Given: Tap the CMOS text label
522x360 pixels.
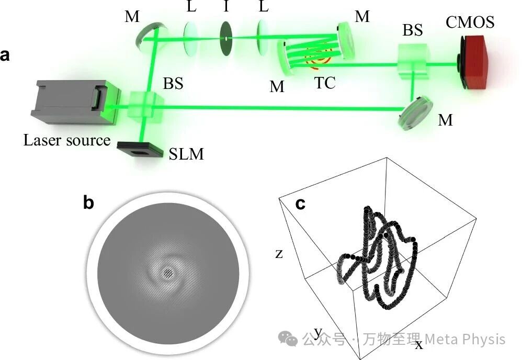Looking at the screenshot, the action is pyautogui.click(x=470, y=22).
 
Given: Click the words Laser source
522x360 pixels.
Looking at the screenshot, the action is pyautogui.click(x=66, y=140).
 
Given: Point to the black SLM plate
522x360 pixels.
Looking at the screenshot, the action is pyautogui.click(x=140, y=150).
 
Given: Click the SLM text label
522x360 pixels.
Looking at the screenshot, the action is pyautogui.click(x=186, y=154).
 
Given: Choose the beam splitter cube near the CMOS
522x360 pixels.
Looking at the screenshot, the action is pyautogui.click(x=414, y=62).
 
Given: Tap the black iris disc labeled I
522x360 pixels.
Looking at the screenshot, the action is pyautogui.click(x=226, y=38).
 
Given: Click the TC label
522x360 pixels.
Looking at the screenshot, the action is pyautogui.click(x=325, y=83).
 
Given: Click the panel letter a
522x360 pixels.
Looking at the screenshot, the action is pyautogui.click(x=5, y=55).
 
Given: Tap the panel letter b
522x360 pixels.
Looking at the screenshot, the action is pyautogui.click(x=88, y=203).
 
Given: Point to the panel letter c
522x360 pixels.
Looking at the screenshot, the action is pyautogui.click(x=300, y=204).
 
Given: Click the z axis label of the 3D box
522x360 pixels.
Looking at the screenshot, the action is pyautogui.click(x=279, y=254).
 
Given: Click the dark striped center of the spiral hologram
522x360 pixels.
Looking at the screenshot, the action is pyautogui.click(x=168, y=273).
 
